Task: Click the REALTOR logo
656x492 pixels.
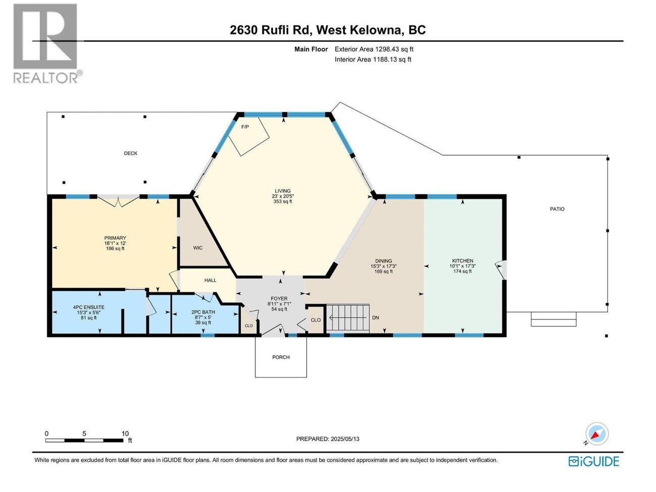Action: click(46, 43)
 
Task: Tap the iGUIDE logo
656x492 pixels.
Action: click(593, 461)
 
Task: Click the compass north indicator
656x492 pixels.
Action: click(596, 434)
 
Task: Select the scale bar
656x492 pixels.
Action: click(84, 440)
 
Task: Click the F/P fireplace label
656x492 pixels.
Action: click(245, 127)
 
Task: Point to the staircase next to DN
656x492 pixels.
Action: click(348, 318)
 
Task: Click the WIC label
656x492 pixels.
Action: click(198, 248)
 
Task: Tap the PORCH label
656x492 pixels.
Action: click(281, 357)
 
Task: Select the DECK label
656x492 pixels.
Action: click(131, 153)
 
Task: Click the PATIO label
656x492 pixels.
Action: click(557, 209)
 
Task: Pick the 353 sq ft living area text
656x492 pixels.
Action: click(283, 201)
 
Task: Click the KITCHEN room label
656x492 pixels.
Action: click(462, 261)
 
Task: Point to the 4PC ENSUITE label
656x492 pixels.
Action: click(89, 307)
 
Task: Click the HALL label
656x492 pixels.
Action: click(210, 281)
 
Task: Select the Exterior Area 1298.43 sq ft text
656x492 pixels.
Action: click(374, 49)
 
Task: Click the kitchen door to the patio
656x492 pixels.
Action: click(501, 269)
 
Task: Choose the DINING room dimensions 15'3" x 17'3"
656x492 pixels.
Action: click(384, 266)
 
